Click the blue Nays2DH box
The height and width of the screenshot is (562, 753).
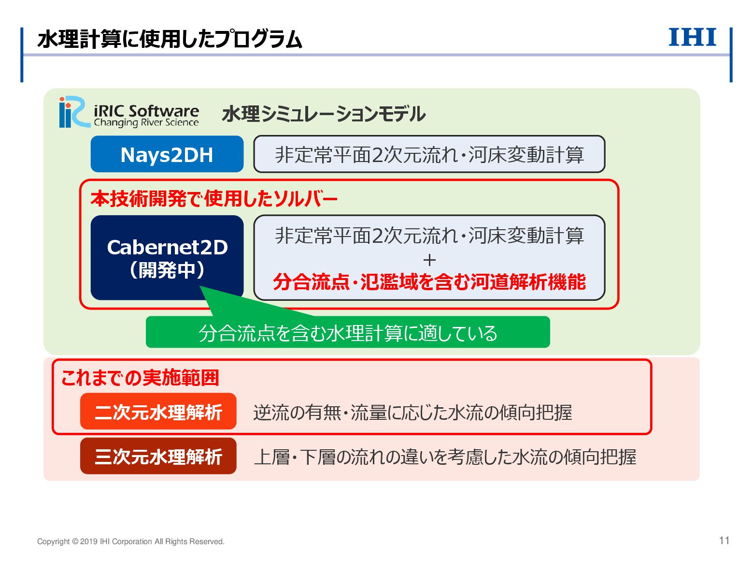[x=167, y=154]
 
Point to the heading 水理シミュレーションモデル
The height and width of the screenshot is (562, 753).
[x=323, y=115]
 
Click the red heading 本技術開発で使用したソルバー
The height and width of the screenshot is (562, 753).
[x=213, y=199]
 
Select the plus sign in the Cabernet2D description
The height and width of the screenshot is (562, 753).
[x=429, y=260]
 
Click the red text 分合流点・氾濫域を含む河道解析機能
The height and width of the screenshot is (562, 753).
[x=429, y=281]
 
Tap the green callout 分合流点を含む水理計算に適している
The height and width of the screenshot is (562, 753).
[x=348, y=333]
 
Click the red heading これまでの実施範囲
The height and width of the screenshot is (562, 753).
[x=140, y=377]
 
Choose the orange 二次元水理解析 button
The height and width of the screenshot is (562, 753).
[x=158, y=412]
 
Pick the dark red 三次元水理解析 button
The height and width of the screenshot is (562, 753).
[x=158, y=456]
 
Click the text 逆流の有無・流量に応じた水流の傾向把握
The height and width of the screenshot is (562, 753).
[x=412, y=413]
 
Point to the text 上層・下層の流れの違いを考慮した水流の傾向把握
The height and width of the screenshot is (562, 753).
[x=444, y=457]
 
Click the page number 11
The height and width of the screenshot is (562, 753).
[x=724, y=541]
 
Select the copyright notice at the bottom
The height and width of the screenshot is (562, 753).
[x=130, y=542]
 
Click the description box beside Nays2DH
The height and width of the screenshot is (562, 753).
[x=429, y=154]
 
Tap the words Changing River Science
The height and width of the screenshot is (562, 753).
[x=146, y=123]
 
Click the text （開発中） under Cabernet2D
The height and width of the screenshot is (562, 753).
[x=167, y=270]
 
